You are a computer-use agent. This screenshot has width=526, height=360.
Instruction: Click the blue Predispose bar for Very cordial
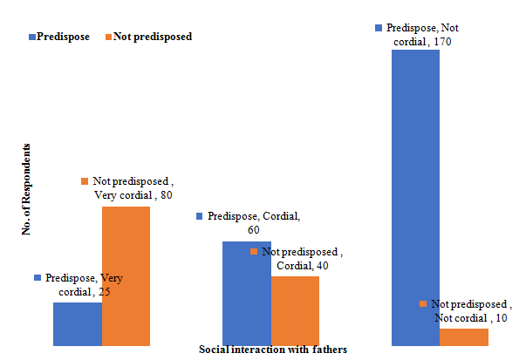[x=78, y=323]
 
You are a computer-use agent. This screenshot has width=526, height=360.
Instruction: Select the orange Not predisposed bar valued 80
[x=126, y=275]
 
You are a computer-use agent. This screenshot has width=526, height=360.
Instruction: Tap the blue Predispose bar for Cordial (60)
[x=247, y=293]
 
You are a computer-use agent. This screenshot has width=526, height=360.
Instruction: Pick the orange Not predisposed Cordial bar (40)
[x=295, y=310]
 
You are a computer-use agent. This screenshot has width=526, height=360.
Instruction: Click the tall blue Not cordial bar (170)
[x=415, y=198]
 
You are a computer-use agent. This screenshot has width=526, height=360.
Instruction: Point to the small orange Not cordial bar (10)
[x=463, y=336]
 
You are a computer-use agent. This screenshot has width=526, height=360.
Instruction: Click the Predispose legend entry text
[x=64, y=37]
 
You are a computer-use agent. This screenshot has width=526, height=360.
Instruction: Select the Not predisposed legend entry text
[x=154, y=37]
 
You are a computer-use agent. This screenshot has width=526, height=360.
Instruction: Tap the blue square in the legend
[x=32, y=37]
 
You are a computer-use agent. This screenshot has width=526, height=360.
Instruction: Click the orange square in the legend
[x=108, y=37]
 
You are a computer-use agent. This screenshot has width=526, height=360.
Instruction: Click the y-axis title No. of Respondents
[x=28, y=189]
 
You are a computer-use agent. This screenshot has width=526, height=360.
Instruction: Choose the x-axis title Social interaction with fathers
[x=273, y=350]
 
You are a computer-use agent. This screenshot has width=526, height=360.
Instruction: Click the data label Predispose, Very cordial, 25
[x=79, y=284]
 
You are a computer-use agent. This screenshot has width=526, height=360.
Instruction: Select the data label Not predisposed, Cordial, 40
[x=297, y=258]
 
